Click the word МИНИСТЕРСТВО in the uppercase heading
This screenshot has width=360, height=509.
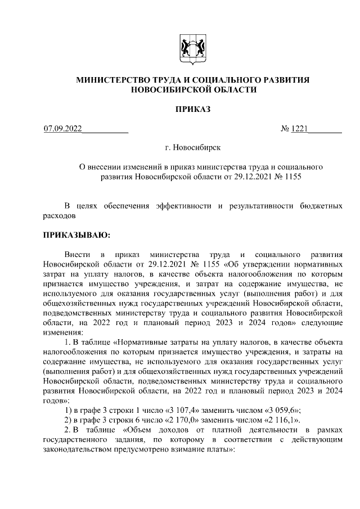point(110,80)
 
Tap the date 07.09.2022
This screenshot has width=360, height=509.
point(63,129)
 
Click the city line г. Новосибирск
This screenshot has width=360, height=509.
point(193,147)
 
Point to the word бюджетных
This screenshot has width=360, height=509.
point(319,205)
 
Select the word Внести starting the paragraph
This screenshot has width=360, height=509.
point(76,254)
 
